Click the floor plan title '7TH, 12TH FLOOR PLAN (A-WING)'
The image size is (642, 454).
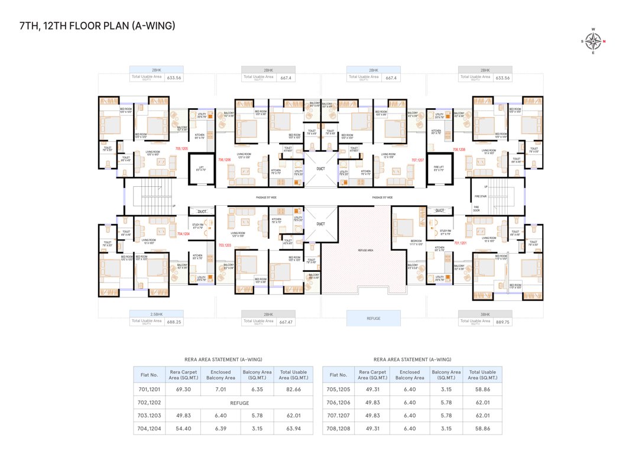pos(97,25)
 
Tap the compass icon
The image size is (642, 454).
pos(594,41)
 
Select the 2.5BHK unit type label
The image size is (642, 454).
pos(156,314)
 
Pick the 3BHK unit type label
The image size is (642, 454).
pos(485,314)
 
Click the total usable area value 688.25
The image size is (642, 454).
pos(174,322)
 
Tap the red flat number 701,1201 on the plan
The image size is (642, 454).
pos(459,242)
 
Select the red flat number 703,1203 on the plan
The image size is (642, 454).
pos(225,245)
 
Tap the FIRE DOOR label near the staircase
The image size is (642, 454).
pos(476,209)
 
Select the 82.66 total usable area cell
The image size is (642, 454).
pos(293,390)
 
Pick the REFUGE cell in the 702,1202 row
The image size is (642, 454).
pos(239,402)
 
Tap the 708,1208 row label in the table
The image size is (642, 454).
pos(338,427)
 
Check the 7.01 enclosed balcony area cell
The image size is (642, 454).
pos(221,390)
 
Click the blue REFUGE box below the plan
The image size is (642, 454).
pos(373,318)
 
